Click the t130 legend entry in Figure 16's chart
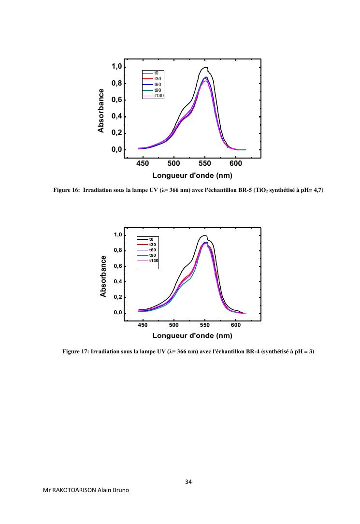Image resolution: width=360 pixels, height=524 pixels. (159, 96)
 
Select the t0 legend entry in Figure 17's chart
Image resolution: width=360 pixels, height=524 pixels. (151, 239)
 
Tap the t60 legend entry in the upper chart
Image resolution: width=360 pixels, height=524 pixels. (158, 85)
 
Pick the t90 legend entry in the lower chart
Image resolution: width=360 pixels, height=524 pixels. (152, 255)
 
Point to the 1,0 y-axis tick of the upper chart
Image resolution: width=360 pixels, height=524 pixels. (116, 66)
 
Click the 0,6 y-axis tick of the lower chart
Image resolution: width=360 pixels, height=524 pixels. (118, 266)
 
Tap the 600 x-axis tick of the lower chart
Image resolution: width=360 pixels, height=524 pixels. (236, 325)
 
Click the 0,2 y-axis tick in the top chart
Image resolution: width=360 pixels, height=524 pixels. (116, 133)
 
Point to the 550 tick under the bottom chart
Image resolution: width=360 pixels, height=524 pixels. (205, 325)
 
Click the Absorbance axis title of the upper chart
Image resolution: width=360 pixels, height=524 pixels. (101, 110)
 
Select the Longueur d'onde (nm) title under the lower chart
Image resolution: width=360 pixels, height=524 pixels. (192, 335)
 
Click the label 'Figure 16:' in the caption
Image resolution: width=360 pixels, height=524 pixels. (66, 190)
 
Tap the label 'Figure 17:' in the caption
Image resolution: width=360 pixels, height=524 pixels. (75, 351)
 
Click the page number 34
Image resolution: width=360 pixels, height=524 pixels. (188, 482)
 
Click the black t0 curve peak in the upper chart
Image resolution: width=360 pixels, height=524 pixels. (206, 67)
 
